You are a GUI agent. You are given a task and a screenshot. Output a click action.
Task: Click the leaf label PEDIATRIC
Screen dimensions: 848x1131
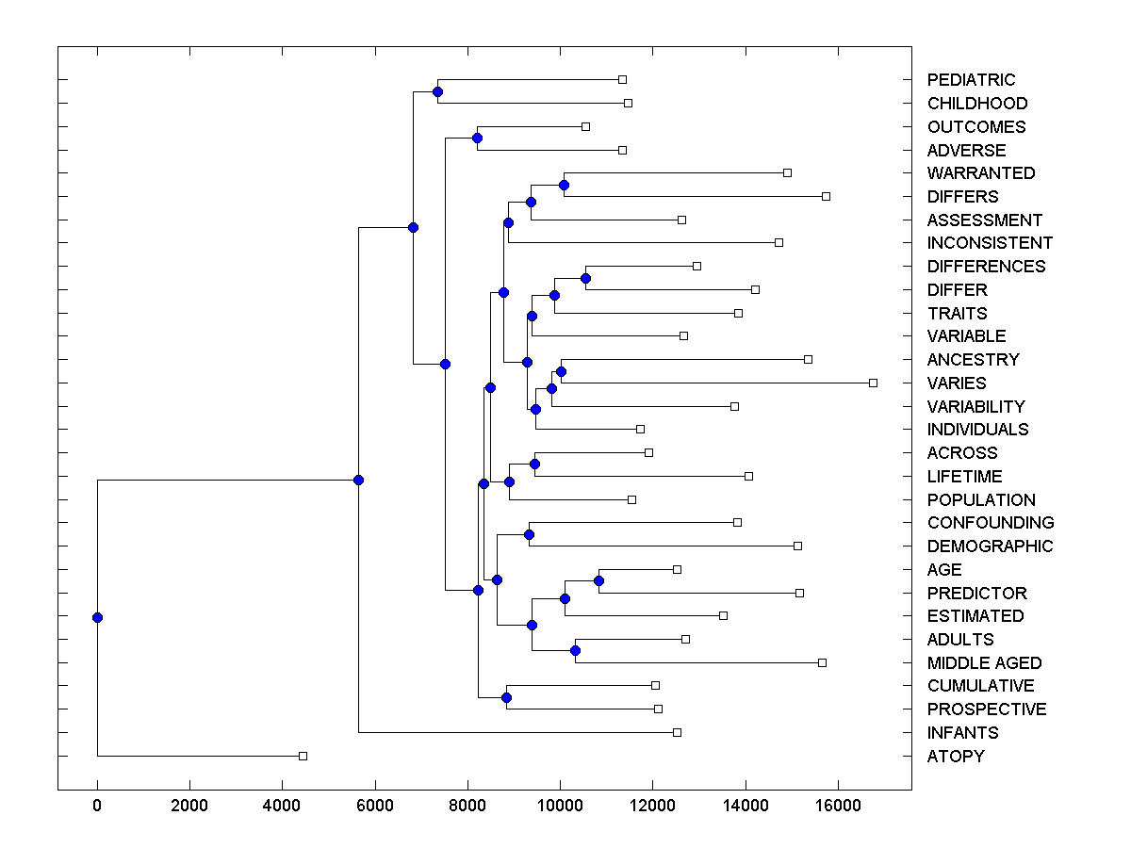(x=971, y=80)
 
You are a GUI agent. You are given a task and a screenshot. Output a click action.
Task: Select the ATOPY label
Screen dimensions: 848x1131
(x=955, y=757)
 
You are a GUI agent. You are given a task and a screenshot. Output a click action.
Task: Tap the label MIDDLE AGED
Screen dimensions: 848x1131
(x=984, y=663)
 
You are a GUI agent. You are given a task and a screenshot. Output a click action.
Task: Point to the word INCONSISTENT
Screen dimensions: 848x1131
(x=990, y=243)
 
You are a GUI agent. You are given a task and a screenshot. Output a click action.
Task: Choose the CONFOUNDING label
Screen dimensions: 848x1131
(x=991, y=523)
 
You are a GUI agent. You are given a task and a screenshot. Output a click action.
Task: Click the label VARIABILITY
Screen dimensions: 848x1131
(x=975, y=407)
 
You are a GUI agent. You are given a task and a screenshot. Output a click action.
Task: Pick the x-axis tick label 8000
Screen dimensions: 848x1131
(x=467, y=806)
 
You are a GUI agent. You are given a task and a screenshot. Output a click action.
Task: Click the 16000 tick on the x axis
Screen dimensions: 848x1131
(x=838, y=806)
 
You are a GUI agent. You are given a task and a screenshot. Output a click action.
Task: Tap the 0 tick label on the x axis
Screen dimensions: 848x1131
(x=97, y=806)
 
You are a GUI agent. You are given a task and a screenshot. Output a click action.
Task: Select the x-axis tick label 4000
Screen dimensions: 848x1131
(x=282, y=806)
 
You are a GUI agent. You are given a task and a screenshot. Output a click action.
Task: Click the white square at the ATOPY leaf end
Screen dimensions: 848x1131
(x=303, y=756)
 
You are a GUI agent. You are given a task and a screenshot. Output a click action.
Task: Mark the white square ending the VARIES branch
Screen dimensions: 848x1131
(x=873, y=383)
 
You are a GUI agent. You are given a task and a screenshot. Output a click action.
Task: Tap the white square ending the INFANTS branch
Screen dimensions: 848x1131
(x=677, y=732)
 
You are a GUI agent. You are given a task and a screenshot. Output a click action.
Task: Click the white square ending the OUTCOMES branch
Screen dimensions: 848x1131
(x=585, y=126)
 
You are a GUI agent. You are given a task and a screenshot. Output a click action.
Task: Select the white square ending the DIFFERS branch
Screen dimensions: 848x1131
(x=826, y=196)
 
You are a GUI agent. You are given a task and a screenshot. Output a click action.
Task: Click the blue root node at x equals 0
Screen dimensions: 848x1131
(x=97, y=617)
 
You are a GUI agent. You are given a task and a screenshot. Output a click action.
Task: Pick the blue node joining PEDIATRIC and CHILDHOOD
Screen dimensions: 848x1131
(x=437, y=91)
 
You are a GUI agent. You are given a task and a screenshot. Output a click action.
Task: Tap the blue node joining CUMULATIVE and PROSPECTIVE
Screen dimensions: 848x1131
(x=506, y=697)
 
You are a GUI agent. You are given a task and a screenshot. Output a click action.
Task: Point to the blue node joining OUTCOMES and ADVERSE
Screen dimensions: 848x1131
(x=477, y=139)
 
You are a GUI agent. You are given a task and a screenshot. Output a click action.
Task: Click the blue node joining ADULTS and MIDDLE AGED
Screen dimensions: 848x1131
(x=575, y=650)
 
